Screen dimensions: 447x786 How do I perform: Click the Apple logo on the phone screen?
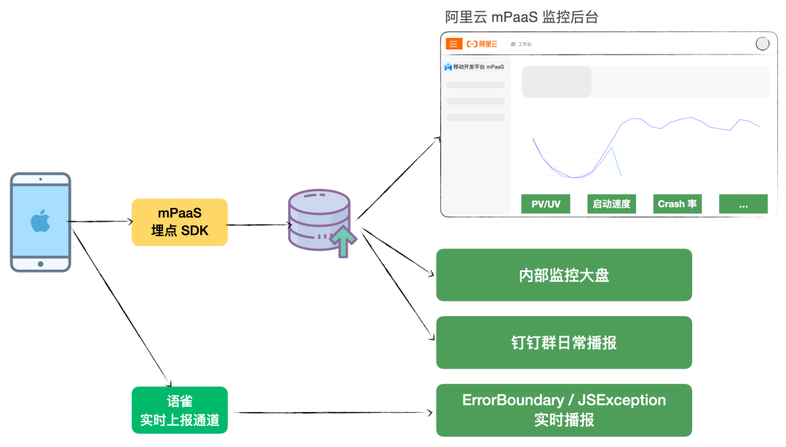point(40,221)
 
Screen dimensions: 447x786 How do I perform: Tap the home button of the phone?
point(40,264)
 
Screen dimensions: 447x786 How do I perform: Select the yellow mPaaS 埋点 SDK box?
point(179,222)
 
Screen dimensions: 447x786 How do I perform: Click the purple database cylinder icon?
point(319,217)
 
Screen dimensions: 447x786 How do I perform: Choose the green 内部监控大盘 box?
point(563,275)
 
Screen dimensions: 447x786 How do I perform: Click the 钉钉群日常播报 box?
point(563,342)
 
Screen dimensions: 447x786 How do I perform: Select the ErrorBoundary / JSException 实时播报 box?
point(563,410)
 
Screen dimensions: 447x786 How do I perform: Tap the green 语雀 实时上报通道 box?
point(179,410)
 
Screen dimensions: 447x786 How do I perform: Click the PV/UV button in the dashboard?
point(545,204)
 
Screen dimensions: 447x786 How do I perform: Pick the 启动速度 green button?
point(611,204)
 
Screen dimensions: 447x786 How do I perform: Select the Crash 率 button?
point(677,204)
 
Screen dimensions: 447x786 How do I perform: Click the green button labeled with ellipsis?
point(742,204)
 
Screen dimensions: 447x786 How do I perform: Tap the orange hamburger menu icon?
point(453,44)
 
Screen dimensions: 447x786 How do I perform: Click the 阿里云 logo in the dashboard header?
point(483,44)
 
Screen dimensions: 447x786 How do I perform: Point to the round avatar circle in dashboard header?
point(762,44)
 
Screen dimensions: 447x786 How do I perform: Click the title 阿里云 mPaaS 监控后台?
point(521,17)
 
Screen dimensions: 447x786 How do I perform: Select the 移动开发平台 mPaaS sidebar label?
point(475,67)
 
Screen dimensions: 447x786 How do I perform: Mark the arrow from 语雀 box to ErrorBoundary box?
point(331,412)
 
